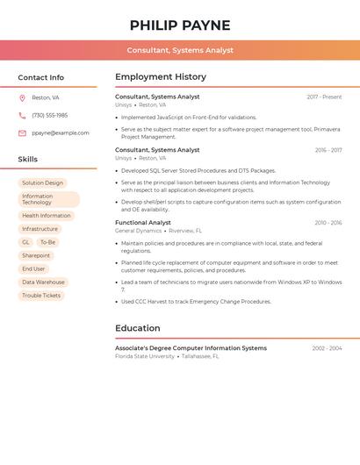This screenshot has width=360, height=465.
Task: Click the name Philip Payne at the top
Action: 180,25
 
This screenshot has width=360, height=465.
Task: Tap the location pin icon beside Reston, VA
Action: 22,97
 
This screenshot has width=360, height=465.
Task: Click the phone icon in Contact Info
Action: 22,115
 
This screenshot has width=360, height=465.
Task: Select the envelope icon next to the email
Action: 22,133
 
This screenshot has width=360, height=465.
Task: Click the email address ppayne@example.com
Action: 61,133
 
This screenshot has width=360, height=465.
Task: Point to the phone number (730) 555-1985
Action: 50,115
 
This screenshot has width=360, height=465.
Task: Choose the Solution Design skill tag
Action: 42,183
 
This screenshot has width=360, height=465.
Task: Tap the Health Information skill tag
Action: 47,215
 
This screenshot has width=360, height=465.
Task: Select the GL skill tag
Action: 25,242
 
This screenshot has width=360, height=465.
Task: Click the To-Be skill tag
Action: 47,242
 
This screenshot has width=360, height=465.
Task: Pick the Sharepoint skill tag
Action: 36,255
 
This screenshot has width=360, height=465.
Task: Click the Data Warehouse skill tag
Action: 43,283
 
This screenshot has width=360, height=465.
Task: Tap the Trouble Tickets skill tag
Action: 41,296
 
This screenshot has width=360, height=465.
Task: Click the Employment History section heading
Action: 161,77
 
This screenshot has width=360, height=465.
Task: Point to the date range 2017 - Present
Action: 324,97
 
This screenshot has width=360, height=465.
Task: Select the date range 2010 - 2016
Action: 328,223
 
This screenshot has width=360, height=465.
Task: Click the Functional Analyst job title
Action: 143,223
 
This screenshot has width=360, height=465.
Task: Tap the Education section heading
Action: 138,328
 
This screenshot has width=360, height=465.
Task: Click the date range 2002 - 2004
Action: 327,348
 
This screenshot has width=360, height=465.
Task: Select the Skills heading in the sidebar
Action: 28,160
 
